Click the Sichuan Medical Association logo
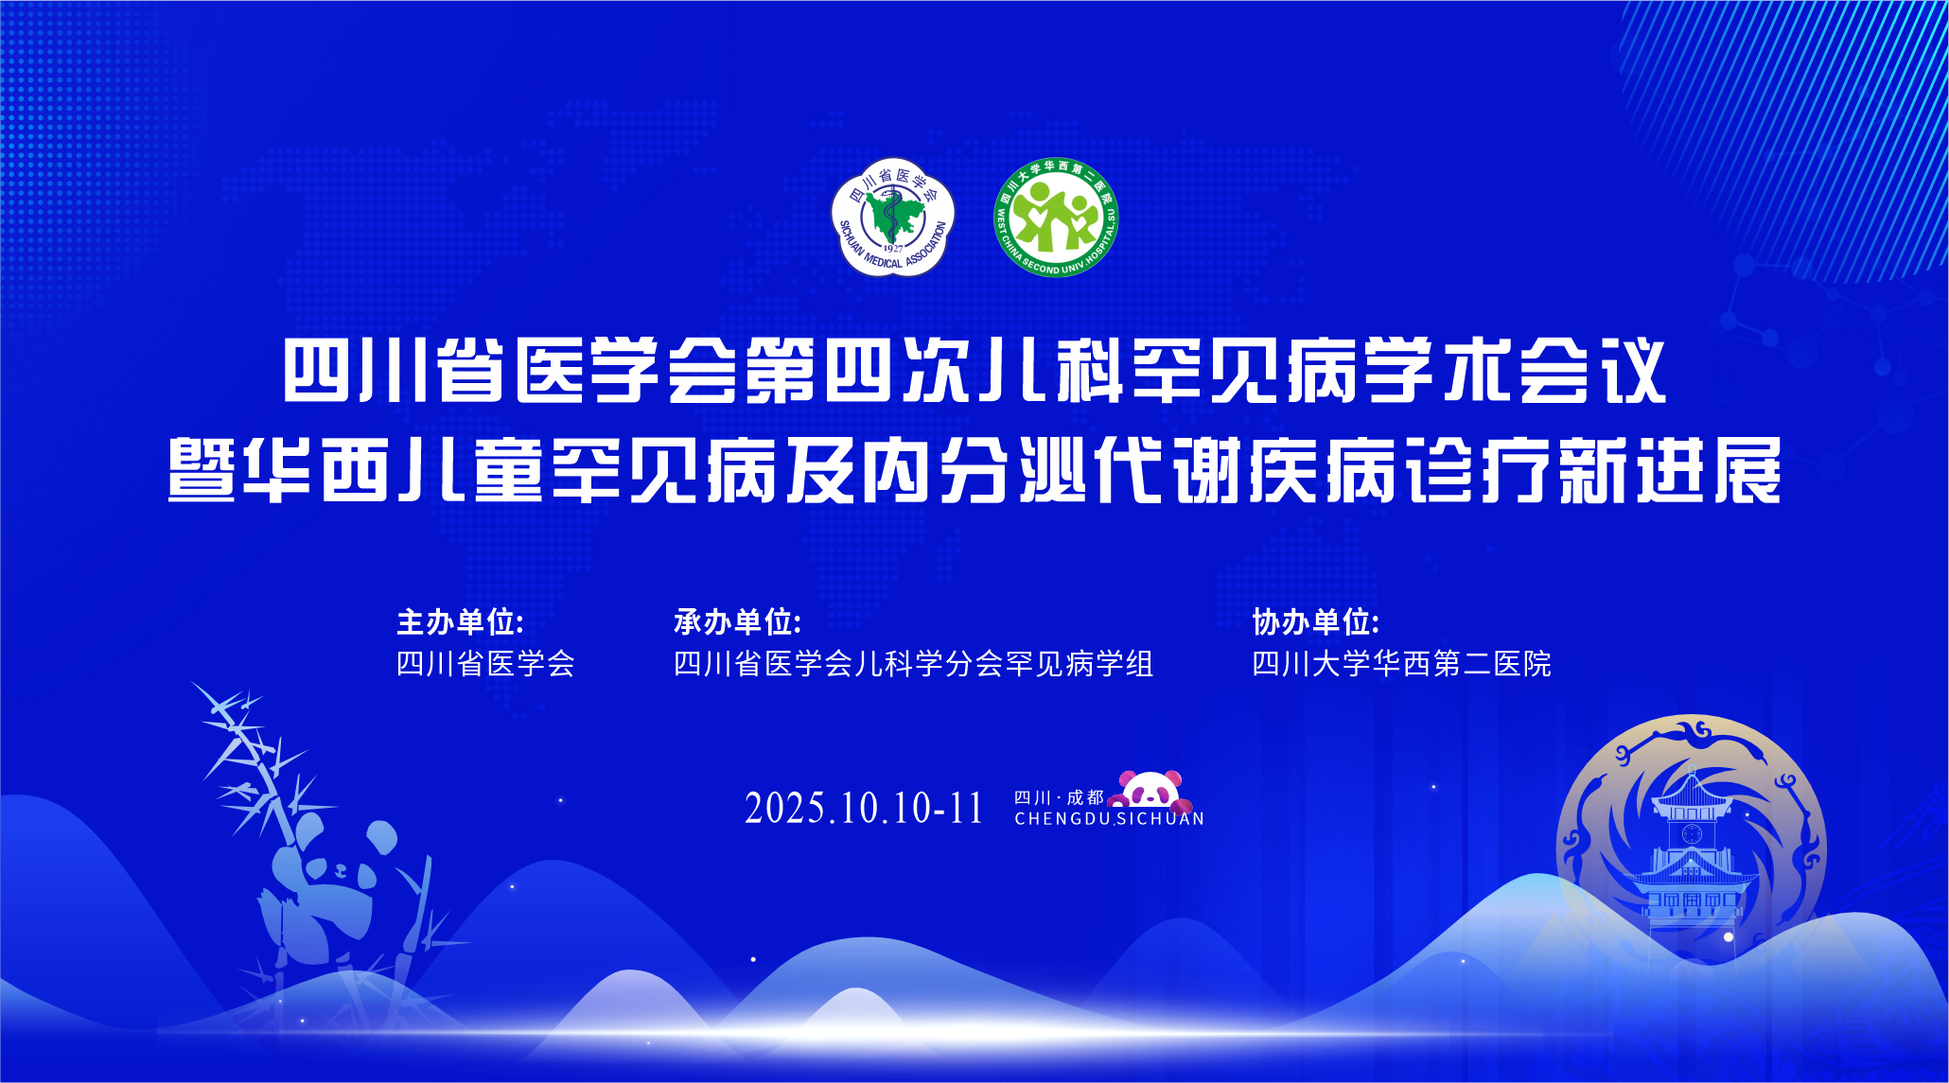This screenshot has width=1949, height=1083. click(x=892, y=218)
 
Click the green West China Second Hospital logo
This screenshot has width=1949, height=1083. click(x=1056, y=218)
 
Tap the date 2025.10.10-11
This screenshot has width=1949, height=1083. click(x=864, y=809)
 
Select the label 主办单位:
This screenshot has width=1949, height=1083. click(x=460, y=622)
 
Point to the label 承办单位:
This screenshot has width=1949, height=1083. click(x=737, y=622)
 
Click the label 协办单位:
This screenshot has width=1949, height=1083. click(x=1316, y=622)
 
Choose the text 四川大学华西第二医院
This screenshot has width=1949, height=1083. click(x=1401, y=664)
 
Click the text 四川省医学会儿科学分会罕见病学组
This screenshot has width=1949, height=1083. click(x=913, y=664)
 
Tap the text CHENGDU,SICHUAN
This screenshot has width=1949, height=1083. click(x=1109, y=819)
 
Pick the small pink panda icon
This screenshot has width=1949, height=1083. click(x=1150, y=791)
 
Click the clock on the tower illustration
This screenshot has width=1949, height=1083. click(x=1692, y=833)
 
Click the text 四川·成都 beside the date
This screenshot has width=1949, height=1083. click(x=1059, y=797)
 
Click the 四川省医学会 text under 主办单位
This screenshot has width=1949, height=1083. click(x=485, y=664)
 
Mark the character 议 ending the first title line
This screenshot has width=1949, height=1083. click(x=1633, y=372)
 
